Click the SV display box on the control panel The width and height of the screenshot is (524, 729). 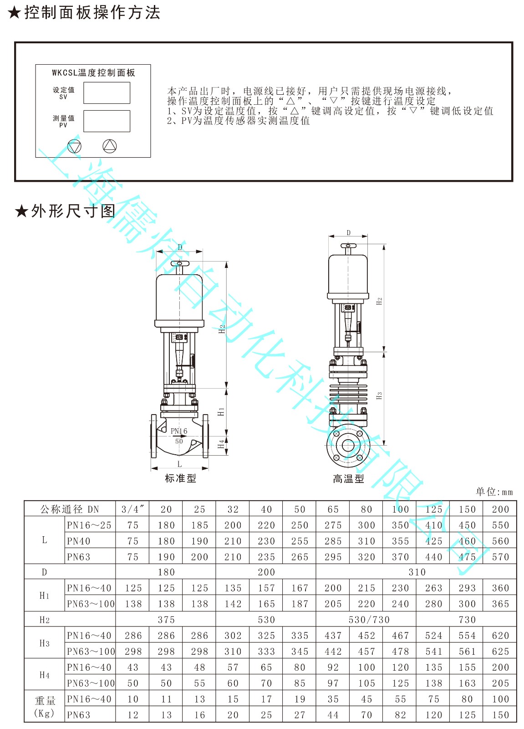107,93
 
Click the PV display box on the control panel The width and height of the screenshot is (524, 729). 107,121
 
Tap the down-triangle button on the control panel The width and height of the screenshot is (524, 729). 74,146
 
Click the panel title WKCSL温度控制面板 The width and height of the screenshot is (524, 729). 93,72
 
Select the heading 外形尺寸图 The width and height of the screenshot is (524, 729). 73,211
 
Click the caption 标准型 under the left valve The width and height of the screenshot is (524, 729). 181,478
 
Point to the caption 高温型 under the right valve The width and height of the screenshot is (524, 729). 348,479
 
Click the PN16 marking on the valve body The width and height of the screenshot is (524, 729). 179,431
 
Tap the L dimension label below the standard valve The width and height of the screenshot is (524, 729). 179,464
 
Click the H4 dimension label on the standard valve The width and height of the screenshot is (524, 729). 221,444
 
